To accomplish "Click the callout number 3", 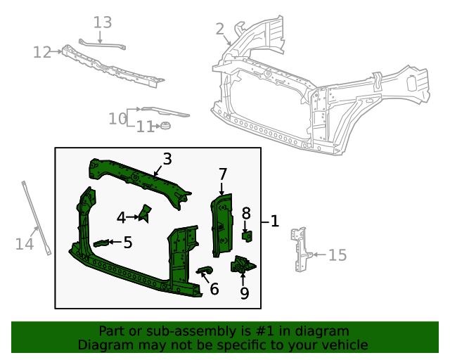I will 167,159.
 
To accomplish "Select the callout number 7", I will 222,174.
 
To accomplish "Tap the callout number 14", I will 25,244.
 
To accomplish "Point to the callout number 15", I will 337,255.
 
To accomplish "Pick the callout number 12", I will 42,52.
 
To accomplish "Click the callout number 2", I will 219,29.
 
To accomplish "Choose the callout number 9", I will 244,293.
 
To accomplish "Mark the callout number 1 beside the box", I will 274,221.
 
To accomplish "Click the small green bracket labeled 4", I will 146,212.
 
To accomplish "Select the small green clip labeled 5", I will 103,243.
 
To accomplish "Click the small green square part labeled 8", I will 247,235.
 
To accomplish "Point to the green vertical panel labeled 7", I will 222,224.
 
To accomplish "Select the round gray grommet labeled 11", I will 166,126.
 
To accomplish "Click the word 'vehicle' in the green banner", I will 343,345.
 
